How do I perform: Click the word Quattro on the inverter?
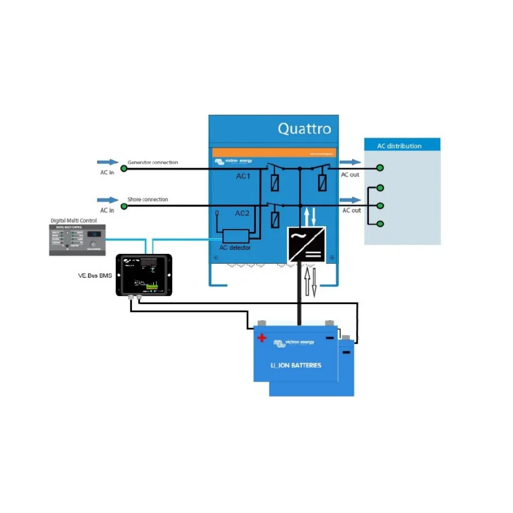304,128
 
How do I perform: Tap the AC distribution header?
399,146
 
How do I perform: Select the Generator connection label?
152,163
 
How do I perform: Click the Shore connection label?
147,200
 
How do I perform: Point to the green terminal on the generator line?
123,168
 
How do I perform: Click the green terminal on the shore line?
123,206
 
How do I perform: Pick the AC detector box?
235,236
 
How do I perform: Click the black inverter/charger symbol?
306,245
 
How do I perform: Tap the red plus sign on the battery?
262,338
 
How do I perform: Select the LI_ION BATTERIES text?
296,366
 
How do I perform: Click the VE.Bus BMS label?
94,276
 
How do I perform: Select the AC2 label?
242,213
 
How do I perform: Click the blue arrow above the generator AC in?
107,162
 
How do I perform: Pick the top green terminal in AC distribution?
380,168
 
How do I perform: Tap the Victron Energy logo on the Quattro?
233,161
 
